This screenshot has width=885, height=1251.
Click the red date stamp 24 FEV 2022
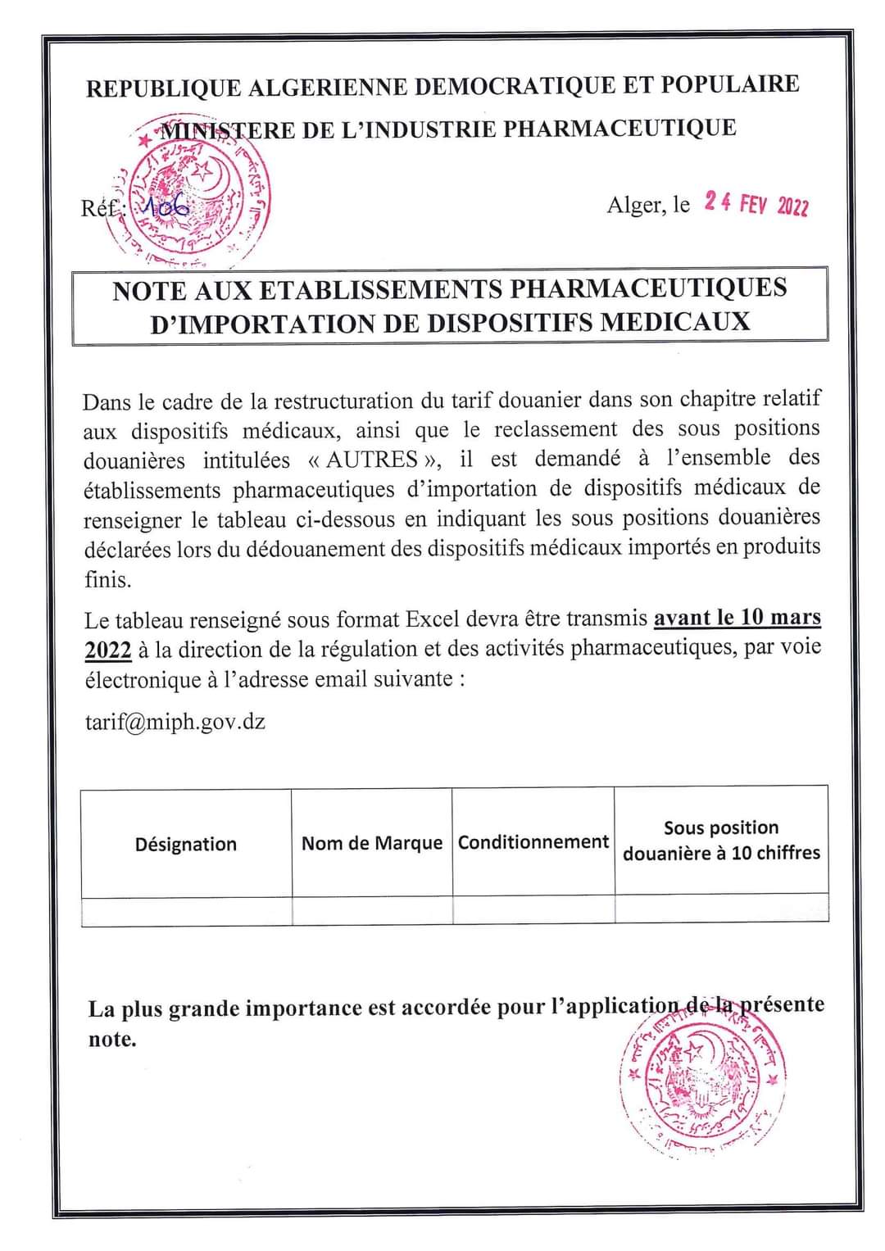click(x=756, y=203)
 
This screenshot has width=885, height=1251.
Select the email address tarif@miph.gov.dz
click(x=175, y=722)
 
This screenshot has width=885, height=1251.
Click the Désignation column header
click(x=186, y=844)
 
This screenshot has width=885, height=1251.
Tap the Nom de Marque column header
click(x=371, y=843)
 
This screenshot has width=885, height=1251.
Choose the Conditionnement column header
click(x=533, y=842)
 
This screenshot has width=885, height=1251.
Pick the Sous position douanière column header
click(x=721, y=841)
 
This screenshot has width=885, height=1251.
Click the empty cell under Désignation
click(x=187, y=911)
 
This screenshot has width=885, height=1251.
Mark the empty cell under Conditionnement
click(x=533, y=909)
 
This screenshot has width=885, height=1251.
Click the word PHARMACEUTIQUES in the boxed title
click(x=648, y=288)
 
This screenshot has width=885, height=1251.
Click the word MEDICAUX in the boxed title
click(x=674, y=320)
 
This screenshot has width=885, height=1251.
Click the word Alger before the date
click(x=635, y=205)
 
